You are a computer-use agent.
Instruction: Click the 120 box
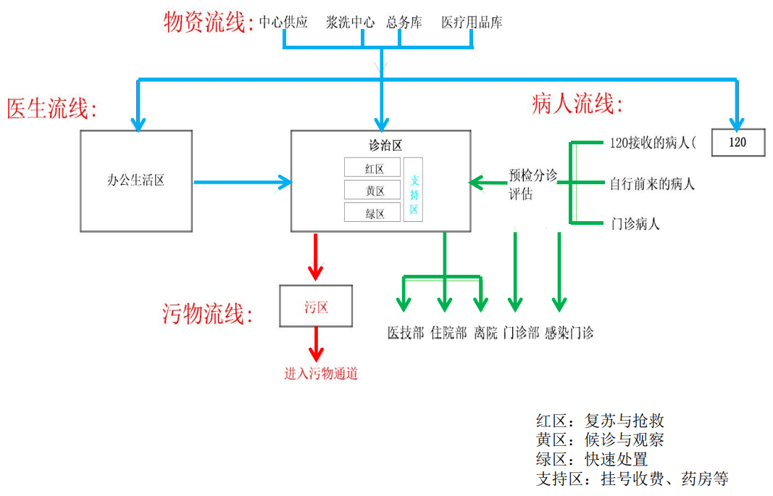(738, 142)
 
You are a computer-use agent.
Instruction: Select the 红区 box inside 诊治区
(372, 168)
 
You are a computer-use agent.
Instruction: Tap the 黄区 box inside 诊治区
(372, 191)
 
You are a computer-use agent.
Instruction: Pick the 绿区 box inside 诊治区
(372, 213)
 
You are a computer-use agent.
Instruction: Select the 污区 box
(316, 307)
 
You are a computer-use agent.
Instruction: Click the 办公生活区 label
(135, 180)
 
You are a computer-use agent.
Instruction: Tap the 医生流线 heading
(51, 109)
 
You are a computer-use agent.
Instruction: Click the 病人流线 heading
(577, 104)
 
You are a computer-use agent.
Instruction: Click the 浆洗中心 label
(350, 22)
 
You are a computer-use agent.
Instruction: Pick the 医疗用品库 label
(472, 22)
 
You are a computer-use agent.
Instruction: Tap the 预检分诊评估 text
(532, 184)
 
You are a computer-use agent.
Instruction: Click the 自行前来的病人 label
(652, 183)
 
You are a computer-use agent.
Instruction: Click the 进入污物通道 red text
(321, 374)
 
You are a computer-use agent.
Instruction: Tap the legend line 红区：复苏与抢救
(600, 421)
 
